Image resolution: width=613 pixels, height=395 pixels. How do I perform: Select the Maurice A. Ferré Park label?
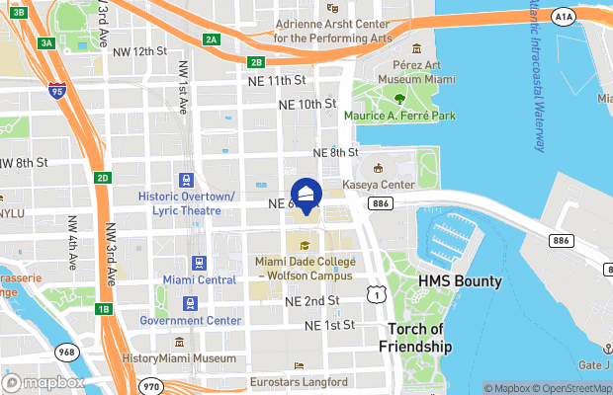399,116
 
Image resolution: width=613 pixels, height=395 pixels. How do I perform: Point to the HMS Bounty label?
460,281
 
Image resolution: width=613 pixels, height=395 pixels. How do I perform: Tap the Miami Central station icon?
200,264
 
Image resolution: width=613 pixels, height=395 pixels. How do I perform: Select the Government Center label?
190,320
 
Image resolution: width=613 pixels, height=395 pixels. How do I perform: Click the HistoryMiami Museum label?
178,357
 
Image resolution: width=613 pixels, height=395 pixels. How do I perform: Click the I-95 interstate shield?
57,92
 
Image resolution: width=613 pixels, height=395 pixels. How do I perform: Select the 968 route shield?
66,351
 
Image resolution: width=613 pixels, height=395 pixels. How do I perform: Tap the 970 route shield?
149,385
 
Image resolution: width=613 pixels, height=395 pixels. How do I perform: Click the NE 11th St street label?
280,80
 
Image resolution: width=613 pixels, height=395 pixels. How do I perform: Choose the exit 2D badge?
103,178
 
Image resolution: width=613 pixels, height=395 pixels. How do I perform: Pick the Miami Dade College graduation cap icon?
306,245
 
